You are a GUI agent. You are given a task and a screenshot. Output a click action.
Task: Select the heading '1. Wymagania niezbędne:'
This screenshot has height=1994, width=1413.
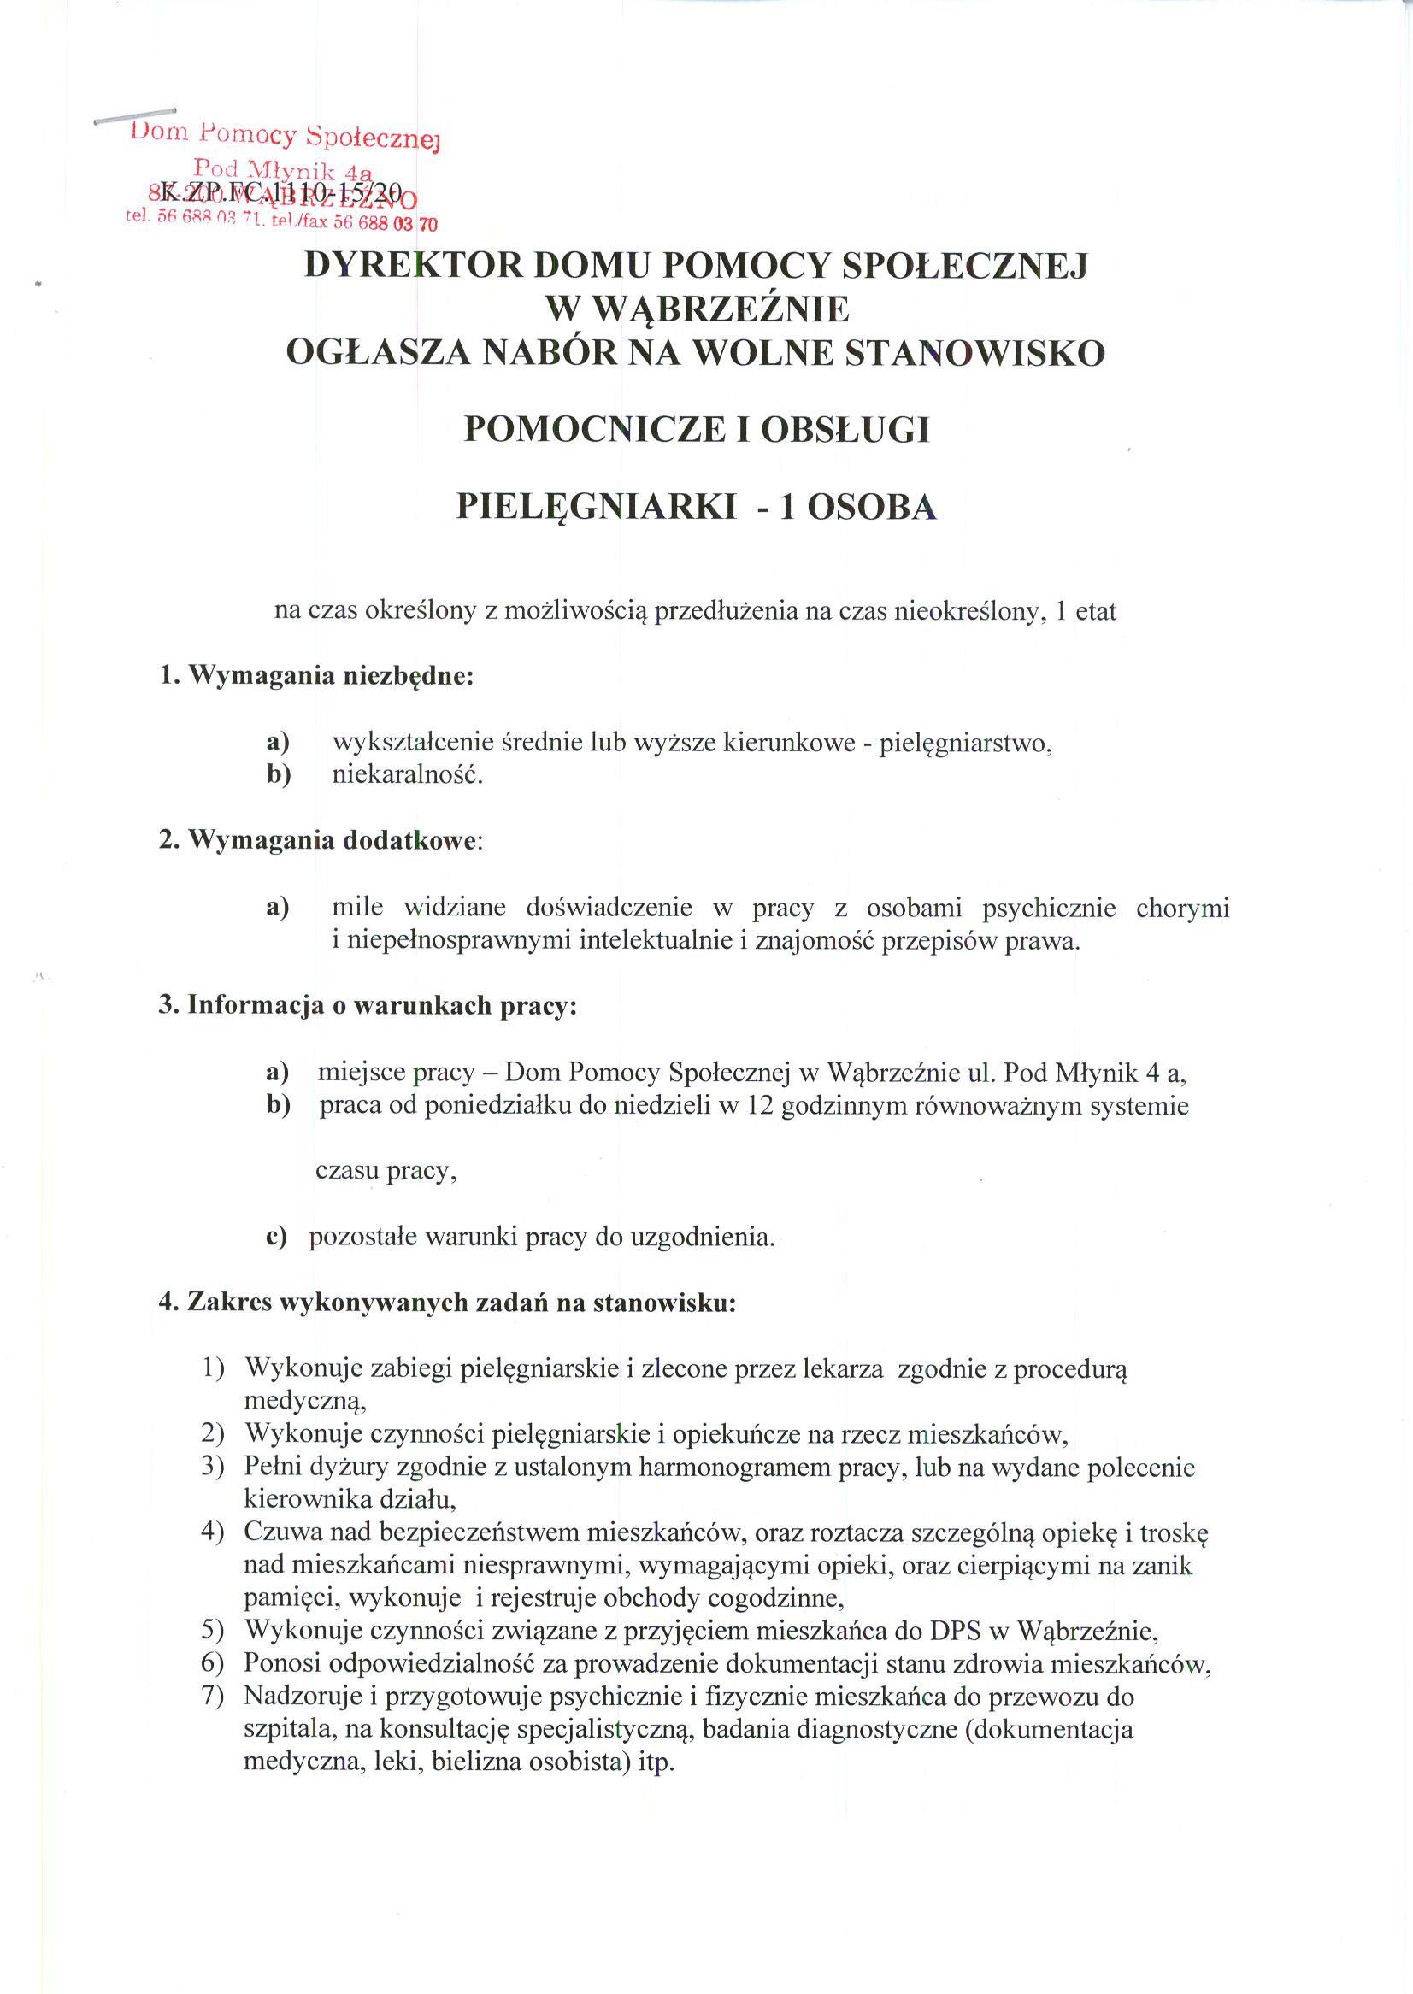[315, 676]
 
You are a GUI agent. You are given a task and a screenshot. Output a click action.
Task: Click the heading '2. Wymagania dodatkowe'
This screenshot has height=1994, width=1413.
[319, 840]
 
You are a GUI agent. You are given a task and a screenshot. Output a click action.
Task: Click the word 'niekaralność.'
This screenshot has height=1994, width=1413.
[407, 774]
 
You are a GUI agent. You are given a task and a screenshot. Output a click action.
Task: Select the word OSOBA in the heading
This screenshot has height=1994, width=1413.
[872, 507]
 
